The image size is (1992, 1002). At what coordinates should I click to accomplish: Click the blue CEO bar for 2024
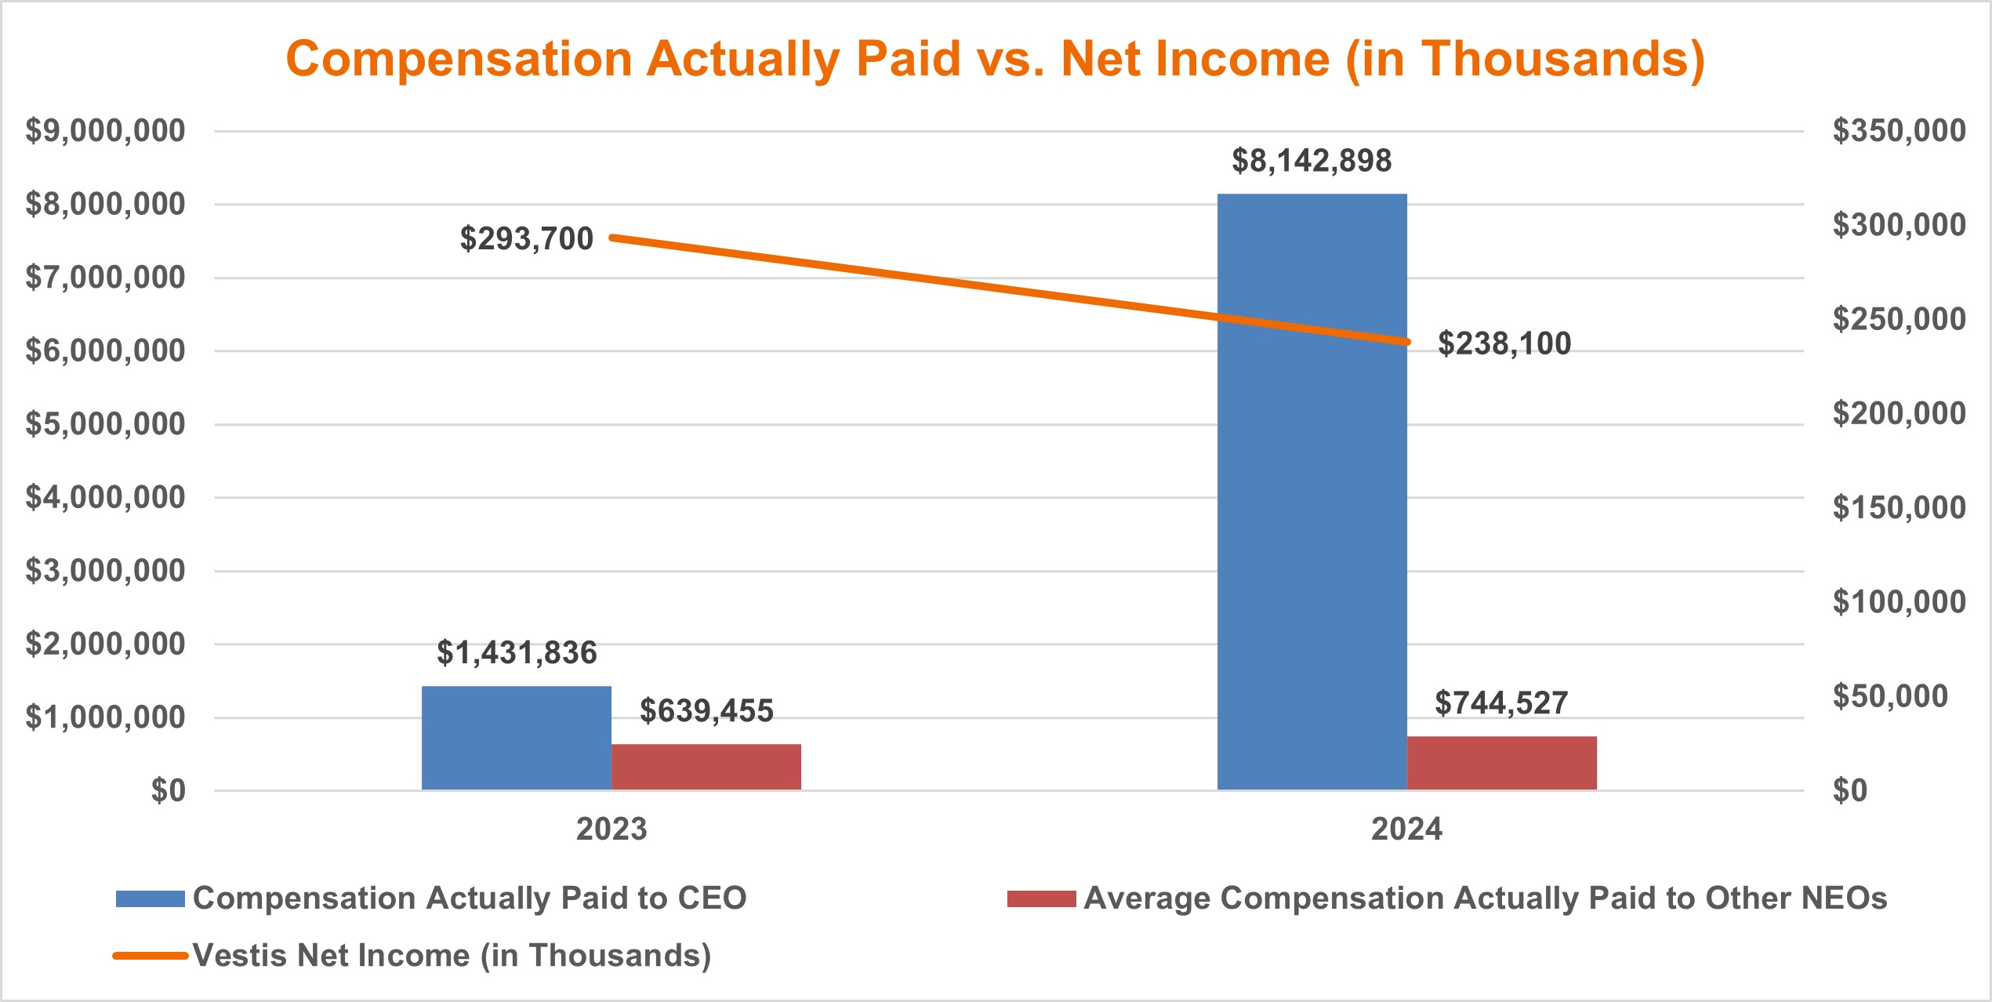[1312, 549]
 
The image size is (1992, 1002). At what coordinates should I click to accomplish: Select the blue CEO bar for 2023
[516, 738]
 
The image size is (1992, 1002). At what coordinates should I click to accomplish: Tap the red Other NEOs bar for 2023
[706, 767]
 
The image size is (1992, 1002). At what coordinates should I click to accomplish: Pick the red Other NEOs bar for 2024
[1501, 763]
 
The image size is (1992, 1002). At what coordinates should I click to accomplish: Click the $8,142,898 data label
[1312, 161]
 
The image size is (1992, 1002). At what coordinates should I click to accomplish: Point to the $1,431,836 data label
[517, 653]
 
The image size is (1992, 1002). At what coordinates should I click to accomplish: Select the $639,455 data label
[706, 711]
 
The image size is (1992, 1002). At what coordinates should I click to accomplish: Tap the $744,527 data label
[1501, 703]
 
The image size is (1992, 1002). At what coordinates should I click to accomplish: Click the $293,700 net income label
[526, 239]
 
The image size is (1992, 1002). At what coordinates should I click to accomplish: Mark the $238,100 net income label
[1504, 344]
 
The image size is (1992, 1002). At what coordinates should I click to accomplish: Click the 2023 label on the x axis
[611, 830]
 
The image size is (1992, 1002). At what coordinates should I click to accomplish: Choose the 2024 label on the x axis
[1406, 830]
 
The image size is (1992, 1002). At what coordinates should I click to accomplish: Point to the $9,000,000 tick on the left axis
[105, 131]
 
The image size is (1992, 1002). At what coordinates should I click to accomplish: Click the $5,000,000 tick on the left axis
[105, 424]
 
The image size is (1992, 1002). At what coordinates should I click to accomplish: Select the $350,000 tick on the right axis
[1899, 131]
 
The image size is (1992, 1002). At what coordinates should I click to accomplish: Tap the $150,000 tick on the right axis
[1899, 508]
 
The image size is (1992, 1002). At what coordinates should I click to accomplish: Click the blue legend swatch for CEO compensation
[150, 899]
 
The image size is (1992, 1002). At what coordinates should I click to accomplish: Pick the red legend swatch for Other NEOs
[1041, 899]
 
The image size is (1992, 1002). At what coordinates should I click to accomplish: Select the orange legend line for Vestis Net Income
[150, 956]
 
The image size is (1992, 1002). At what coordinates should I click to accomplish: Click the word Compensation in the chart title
[459, 60]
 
